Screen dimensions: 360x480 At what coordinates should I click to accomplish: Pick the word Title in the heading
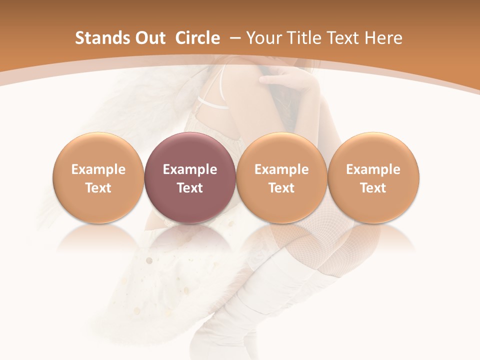tap(304, 38)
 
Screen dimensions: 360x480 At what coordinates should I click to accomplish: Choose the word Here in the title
tap(383, 38)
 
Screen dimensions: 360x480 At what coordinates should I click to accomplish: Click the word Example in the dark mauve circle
tap(190, 169)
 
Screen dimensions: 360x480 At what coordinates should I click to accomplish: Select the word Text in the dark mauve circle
tap(190, 188)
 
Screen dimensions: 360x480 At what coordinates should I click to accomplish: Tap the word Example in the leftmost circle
tap(98, 169)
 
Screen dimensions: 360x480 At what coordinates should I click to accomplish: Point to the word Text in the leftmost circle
tap(98, 188)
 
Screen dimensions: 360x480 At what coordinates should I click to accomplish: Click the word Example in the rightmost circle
tap(373, 169)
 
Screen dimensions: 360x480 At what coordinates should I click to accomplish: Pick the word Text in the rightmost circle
tap(373, 188)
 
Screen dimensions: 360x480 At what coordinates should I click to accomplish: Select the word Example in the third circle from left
tap(281, 169)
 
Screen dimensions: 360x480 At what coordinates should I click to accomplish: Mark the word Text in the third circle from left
tap(281, 188)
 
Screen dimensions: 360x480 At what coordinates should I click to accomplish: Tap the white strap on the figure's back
tap(212, 102)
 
